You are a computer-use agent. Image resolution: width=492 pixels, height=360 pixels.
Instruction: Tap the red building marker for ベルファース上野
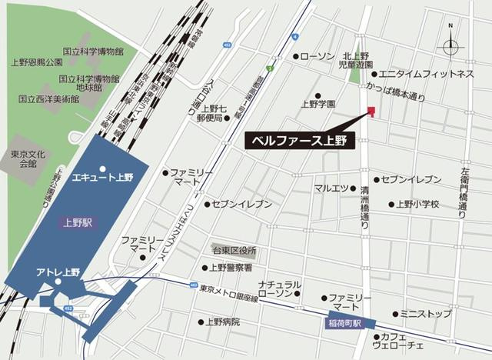point(371,113)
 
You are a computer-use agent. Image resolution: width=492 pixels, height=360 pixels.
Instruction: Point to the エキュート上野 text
point(102,177)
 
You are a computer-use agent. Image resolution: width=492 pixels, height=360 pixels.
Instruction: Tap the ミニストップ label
point(425,314)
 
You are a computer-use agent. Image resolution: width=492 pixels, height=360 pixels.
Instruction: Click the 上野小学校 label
point(417,205)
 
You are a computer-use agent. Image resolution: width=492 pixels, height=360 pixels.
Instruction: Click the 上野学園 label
point(317,102)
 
